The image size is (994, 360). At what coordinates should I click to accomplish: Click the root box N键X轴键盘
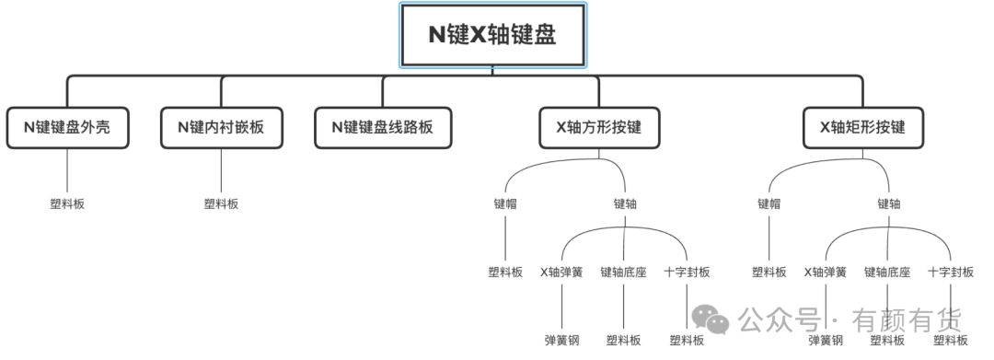492,35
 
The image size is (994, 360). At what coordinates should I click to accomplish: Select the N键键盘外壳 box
67,127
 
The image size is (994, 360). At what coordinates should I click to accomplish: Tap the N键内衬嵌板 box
221,127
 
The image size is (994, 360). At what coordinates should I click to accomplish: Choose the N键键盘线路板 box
383,127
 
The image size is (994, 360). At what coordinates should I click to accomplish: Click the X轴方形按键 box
599,127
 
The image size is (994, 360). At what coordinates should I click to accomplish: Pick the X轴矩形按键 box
862,127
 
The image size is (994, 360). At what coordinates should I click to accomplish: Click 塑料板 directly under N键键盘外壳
67,204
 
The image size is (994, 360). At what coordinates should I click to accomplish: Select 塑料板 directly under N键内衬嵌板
221,204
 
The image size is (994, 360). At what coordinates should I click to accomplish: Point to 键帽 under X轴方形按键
505,204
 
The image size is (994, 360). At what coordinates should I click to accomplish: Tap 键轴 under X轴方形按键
625,204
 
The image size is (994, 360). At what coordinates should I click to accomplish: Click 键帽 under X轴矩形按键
769,204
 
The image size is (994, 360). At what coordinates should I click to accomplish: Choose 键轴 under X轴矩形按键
889,204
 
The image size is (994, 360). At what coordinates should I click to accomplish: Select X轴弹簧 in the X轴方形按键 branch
561,273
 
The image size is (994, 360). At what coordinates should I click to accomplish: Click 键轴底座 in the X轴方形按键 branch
623,273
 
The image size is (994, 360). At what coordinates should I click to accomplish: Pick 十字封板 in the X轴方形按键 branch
688,273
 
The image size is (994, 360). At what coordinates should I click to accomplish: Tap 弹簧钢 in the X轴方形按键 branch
561,341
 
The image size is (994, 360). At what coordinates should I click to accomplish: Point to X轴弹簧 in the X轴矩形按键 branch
826,273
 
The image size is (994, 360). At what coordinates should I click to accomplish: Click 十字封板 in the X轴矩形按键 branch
951,273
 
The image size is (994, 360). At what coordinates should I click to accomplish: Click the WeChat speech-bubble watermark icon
710,319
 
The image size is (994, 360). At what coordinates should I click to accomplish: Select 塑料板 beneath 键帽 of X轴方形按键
505,273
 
